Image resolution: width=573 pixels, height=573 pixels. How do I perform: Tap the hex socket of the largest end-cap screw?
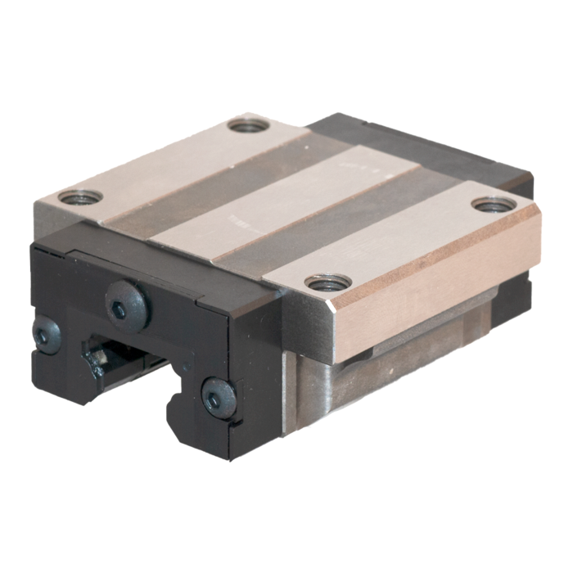coord(120,309)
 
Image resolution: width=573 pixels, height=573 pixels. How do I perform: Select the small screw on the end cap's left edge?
coord(47,335)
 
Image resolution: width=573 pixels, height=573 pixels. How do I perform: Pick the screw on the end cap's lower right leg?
coord(219,398)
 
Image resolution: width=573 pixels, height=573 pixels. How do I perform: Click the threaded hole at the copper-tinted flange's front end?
coord(328,283)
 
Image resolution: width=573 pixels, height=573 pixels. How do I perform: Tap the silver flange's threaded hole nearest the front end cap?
coord(80,196)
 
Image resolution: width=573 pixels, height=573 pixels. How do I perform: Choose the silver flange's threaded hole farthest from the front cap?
coord(248,125)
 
